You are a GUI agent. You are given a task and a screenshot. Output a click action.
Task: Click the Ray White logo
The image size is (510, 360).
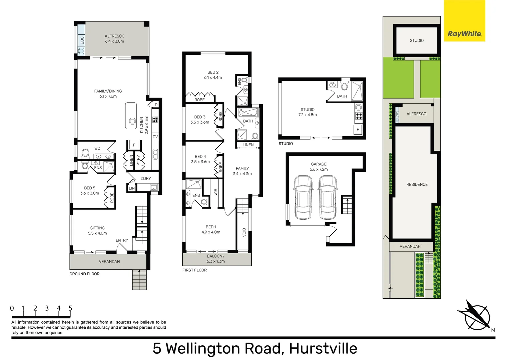coord(464,33)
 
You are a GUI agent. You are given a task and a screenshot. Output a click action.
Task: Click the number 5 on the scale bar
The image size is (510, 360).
coord(70,308)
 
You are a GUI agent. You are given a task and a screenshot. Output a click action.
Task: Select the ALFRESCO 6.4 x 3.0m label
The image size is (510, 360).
coord(114,39)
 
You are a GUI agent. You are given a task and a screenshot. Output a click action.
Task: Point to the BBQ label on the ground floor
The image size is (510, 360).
coord(82,40)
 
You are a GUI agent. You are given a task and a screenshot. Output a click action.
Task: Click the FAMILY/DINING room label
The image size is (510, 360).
coord(108,94)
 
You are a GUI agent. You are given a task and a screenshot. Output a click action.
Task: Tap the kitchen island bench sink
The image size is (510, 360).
coord(132,121)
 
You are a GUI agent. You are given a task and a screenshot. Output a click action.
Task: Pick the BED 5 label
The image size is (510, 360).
coord(89,190)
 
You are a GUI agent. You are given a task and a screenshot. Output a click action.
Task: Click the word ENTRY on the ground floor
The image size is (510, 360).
coord(122,240)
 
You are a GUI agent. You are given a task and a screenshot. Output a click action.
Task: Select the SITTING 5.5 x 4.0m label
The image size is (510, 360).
coord(97,231)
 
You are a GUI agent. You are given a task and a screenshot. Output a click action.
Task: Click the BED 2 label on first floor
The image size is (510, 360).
coord(213,75)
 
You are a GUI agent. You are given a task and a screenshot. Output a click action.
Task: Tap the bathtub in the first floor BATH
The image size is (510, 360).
coord(248,112)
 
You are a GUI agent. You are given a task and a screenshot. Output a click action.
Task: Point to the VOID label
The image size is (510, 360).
coord(244,232)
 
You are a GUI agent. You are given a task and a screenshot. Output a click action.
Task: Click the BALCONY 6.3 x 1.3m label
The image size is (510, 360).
coord(215,259)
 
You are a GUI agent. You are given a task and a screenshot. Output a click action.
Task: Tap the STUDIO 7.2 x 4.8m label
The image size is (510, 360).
coord(308,112)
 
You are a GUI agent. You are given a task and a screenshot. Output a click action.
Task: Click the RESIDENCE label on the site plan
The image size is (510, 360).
coord(417,184)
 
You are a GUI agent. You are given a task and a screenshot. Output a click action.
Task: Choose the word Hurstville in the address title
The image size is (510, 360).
coord(323,348)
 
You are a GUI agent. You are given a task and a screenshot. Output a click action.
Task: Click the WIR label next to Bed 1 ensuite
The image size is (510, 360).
coord(215,192)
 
